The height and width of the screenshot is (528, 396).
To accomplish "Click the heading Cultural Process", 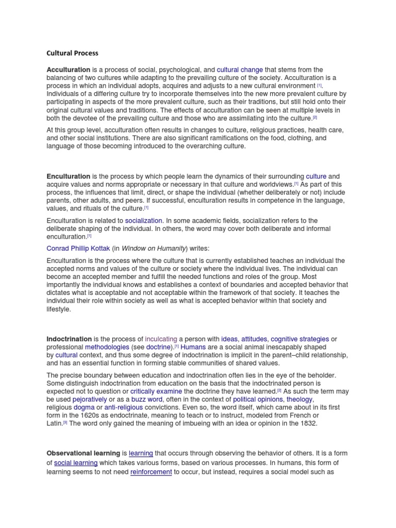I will [72, 53].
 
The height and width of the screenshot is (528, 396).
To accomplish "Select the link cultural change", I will [240, 70].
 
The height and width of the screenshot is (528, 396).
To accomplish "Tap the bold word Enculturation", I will [69, 176].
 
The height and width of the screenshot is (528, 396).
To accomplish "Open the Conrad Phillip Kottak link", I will [78, 248].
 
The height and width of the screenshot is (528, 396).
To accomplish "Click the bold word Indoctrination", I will [69, 339].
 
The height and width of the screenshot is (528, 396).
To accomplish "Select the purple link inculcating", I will [161, 339].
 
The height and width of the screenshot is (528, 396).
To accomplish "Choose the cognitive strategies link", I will [300, 339].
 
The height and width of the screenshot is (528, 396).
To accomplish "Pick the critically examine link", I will [153, 391].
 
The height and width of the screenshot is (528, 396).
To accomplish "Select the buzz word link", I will [146, 399].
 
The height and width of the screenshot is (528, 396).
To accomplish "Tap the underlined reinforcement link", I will [151, 472].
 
